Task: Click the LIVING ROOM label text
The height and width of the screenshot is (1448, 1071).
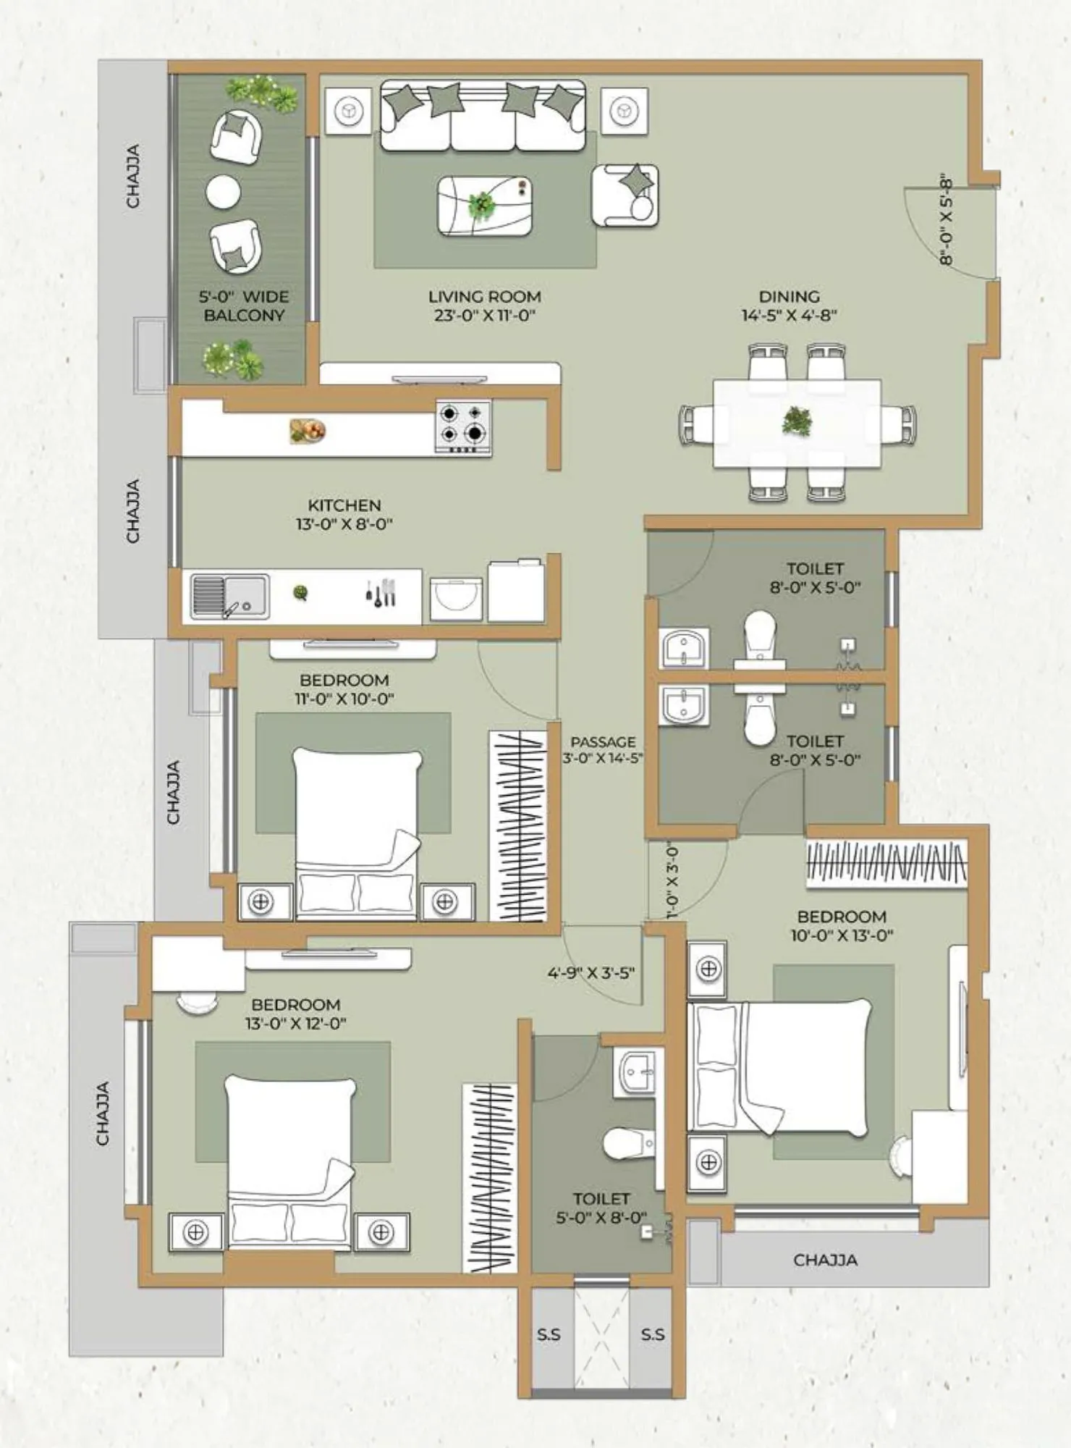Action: [x=484, y=297]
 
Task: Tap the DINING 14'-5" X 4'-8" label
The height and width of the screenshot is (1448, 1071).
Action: [x=789, y=306]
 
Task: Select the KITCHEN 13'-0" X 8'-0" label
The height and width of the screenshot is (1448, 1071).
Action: [x=344, y=514]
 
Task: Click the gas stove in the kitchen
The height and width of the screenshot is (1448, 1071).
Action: [x=463, y=426]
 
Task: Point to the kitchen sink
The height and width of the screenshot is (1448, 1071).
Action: [x=229, y=597]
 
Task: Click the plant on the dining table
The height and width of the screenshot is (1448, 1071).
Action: [x=797, y=421]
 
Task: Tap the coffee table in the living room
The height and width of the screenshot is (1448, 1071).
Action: [x=484, y=206]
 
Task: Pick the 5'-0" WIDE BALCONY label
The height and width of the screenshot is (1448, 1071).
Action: [x=244, y=306]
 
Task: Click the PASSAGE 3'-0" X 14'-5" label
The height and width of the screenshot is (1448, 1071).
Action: [x=603, y=749]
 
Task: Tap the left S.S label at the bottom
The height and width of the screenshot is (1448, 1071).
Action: [x=549, y=1334]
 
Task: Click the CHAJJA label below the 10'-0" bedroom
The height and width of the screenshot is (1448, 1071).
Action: [x=825, y=1260]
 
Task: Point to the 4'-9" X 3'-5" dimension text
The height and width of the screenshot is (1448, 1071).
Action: [x=590, y=972]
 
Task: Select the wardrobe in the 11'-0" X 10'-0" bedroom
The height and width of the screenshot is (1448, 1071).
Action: [x=517, y=825]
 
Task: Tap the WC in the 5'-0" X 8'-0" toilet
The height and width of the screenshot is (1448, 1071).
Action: [x=628, y=1143]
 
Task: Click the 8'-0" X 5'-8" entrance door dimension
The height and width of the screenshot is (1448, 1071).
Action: [x=946, y=219]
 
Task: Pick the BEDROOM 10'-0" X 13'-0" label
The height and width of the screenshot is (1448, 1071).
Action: [x=842, y=925]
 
